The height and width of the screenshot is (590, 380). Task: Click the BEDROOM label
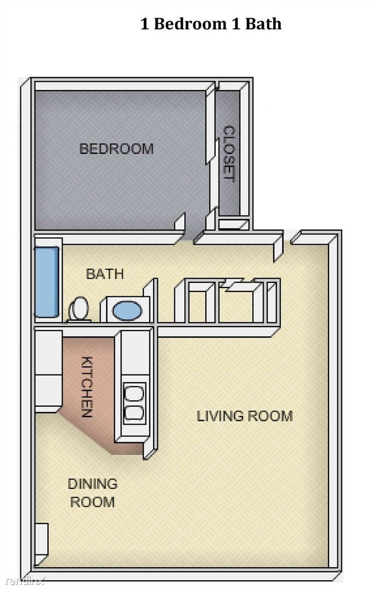point(116,148)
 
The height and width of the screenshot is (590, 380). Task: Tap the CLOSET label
point(229,154)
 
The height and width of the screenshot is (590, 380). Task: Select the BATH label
point(105,273)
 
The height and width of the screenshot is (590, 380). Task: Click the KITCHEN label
point(87,387)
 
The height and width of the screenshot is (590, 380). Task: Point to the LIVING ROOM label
point(244,416)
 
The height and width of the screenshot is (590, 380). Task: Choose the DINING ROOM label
point(92,492)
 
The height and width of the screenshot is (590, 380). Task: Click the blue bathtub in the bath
point(47,282)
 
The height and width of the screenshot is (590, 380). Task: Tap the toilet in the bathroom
point(79,308)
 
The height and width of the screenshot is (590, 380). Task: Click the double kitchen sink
point(134,402)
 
